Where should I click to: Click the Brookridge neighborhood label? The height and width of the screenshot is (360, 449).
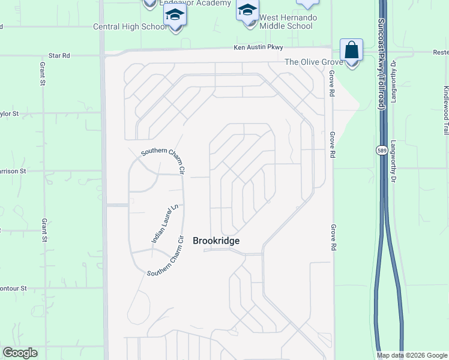point(216,241)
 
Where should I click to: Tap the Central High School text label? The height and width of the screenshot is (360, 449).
point(130,26)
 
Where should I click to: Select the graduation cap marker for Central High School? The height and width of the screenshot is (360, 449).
point(175,15)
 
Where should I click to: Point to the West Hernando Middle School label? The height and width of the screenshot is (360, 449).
point(288,22)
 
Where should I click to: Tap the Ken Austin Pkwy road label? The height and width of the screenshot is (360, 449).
point(258,47)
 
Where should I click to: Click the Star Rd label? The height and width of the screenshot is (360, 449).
point(59,55)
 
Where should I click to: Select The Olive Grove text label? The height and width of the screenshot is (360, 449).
point(313,62)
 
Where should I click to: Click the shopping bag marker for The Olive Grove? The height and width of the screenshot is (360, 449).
point(351,50)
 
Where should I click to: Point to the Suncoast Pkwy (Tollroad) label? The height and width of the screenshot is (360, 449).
point(381,63)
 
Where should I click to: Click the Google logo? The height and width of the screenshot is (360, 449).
point(20,353)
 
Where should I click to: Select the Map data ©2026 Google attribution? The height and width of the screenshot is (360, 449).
point(412,355)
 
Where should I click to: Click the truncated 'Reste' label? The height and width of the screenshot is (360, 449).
point(441,52)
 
